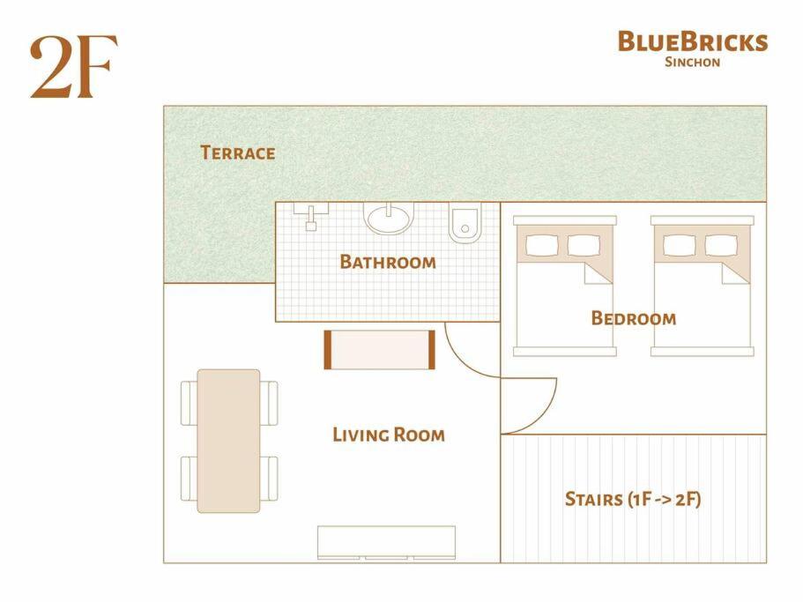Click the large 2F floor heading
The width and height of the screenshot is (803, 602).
[73, 67]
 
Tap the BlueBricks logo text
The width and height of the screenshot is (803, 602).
[693, 41]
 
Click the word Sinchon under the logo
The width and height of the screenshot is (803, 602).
[693, 62]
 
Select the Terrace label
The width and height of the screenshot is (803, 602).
[238, 152]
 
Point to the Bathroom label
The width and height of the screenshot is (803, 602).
[388, 262]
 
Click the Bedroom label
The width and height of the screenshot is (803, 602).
[634, 318]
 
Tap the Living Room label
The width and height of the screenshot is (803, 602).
[389, 435]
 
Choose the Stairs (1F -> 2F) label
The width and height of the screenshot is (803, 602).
[633, 499]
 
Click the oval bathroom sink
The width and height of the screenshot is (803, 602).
[388, 218]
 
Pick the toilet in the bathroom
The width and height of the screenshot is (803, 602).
[465, 223]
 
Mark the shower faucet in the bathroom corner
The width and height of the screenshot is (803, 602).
[311, 216]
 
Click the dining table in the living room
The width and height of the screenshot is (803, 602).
[228, 441]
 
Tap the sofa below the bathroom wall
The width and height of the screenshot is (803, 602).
[380, 350]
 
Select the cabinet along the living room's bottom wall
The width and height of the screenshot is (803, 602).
[386, 542]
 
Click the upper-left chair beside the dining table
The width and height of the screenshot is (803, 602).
[189, 404]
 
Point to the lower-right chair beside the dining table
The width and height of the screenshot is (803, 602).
[269, 479]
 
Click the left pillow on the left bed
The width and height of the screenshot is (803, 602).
[542, 246]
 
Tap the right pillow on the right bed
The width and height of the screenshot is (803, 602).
[721, 246]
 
